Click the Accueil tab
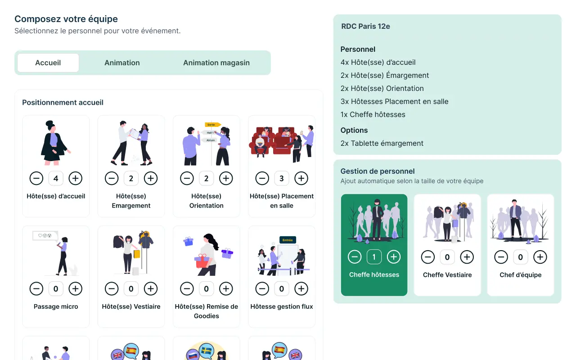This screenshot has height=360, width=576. (x=48, y=63)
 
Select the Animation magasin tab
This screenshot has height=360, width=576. (x=216, y=63)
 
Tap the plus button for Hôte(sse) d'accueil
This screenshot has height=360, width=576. (x=75, y=179)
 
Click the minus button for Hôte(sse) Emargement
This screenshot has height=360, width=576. (x=112, y=179)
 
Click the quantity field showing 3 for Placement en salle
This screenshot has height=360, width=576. (x=282, y=179)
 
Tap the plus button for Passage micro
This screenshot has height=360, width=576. (x=75, y=289)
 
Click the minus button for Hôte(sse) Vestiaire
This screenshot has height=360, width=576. (x=112, y=289)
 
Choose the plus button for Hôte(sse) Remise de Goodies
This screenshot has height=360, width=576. (x=226, y=289)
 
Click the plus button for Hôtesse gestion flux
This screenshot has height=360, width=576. (x=301, y=289)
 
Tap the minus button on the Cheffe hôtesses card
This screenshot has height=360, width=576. (x=355, y=257)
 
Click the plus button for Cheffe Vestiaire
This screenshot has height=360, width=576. (x=467, y=257)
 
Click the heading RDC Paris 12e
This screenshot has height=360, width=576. (x=365, y=26)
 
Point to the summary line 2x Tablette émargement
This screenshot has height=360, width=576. (x=382, y=143)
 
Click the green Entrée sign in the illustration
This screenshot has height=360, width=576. (x=288, y=240)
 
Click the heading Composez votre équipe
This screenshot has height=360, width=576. (x=66, y=19)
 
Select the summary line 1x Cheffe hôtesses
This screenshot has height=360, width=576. (x=373, y=114)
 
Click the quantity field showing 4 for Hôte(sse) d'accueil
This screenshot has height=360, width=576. (x=56, y=179)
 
